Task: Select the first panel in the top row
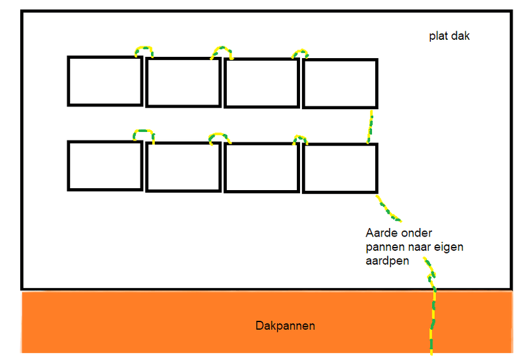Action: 105,81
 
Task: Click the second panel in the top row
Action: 182,82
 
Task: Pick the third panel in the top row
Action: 261,82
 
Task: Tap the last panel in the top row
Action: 340,83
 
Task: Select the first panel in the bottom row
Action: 105,166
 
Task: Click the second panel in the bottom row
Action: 182,167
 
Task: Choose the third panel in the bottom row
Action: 261,167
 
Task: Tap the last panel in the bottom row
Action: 340,168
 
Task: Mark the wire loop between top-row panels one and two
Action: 144,49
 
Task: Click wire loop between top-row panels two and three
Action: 222,50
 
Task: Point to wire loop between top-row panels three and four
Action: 300,52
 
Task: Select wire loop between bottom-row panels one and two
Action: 144,133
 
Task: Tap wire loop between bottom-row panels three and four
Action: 300,138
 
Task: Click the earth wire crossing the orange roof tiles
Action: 431,320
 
